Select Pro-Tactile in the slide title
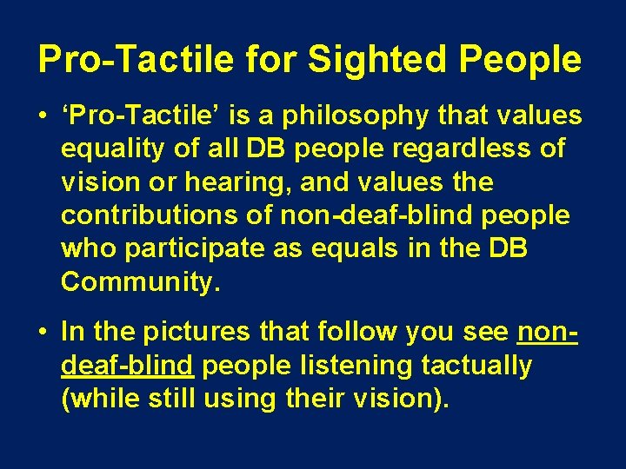(x=135, y=59)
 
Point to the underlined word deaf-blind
(x=127, y=366)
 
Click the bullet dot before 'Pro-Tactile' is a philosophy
(x=43, y=117)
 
